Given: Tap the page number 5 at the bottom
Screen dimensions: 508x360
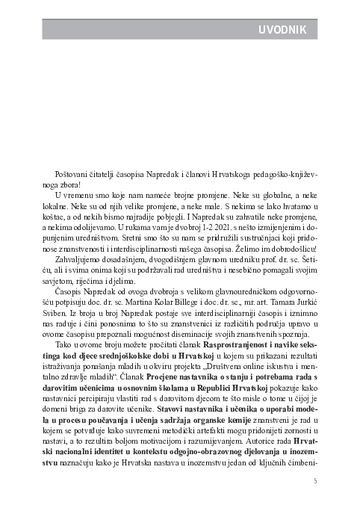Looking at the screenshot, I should pyautogui.click(x=315, y=481).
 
